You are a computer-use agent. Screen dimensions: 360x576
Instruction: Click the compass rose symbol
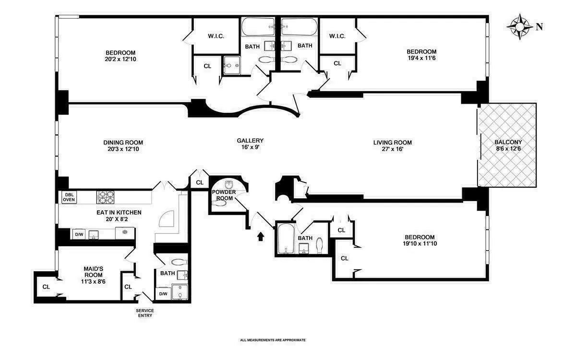click(x=519, y=26)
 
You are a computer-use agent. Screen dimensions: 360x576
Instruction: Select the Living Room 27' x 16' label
click(x=393, y=145)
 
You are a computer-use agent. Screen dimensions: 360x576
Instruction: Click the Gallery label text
click(x=250, y=144)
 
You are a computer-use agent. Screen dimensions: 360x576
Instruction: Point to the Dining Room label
click(x=123, y=145)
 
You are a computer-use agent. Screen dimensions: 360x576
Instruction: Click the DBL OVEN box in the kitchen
click(x=69, y=197)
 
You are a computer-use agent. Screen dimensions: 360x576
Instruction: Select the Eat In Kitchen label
click(x=118, y=215)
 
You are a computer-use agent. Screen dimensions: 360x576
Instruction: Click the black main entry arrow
click(x=261, y=236)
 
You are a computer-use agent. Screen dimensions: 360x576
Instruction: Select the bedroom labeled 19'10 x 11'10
click(x=419, y=240)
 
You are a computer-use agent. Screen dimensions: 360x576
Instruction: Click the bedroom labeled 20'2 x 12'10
click(x=120, y=56)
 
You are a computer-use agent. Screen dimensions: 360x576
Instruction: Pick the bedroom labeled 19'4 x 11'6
click(x=421, y=55)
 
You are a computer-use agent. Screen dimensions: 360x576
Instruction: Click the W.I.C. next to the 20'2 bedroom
click(x=216, y=36)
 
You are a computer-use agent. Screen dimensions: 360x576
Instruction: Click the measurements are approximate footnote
click(x=273, y=340)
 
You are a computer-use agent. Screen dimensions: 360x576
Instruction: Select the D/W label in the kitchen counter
click(x=79, y=234)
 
